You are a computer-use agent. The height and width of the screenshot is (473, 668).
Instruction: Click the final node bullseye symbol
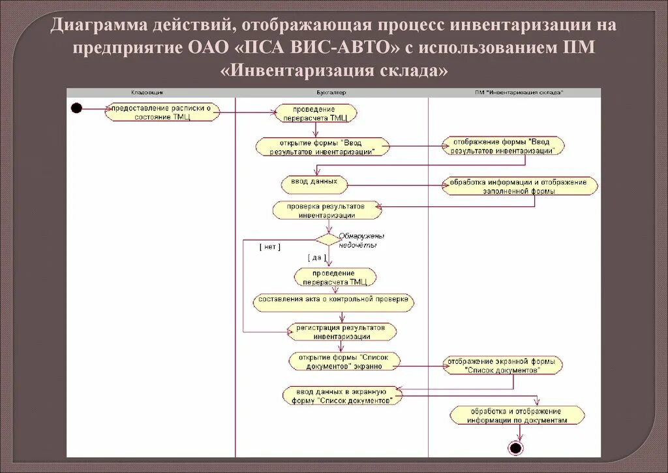[x=515, y=448]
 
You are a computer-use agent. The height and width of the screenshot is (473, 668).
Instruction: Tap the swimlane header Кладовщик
[x=151, y=92]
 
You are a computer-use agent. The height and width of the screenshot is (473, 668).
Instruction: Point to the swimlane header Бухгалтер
[x=331, y=92]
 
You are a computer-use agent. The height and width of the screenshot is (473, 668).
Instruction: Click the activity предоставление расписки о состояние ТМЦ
[x=162, y=112]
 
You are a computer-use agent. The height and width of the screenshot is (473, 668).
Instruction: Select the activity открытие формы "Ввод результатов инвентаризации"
[x=322, y=146]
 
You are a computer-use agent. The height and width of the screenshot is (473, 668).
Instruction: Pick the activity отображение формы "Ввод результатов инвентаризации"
[x=503, y=146]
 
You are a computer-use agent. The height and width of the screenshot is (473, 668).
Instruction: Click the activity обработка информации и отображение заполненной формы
[x=520, y=187]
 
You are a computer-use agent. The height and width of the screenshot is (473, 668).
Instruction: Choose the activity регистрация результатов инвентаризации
[x=341, y=331]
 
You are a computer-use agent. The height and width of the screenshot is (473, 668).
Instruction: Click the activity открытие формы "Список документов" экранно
[x=344, y=362]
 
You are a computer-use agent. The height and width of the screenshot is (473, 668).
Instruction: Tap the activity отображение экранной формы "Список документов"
[x=502, y=365]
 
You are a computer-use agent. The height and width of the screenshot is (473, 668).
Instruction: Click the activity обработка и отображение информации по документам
[x=517, y=415]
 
